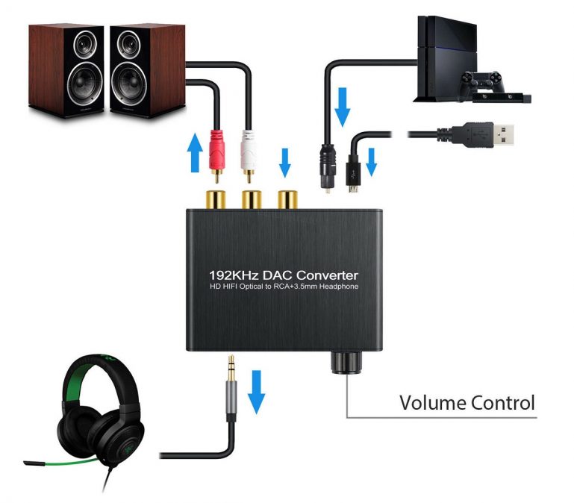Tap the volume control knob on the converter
346,362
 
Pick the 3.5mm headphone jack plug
231,387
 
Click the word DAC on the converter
278,275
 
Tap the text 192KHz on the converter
234,275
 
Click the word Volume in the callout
432,403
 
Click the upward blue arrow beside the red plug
195,152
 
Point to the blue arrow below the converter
256,392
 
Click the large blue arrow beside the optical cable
343,107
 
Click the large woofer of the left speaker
85,84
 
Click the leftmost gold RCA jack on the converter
216,199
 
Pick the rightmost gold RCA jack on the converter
287,199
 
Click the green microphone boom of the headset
60,463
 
